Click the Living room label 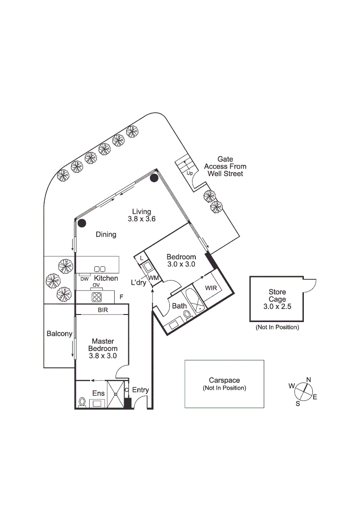coord(142,212)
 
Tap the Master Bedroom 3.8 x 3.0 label coord(103,348)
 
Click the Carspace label coord(224,380)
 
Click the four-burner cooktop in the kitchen coord(97,297)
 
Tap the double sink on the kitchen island coord(100,269)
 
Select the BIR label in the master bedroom coord(103,310)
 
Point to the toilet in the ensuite coord(83,402)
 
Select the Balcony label coord(59,333)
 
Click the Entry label coord(141,390)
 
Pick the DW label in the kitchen coord(84,279)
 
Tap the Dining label coord(106,234)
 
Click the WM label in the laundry coord(153,278)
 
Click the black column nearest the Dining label coord(82,223)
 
